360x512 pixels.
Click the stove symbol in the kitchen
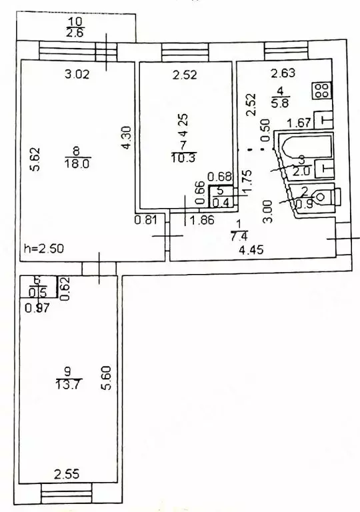pos(321,91)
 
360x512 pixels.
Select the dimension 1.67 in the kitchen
pos(299,123)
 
